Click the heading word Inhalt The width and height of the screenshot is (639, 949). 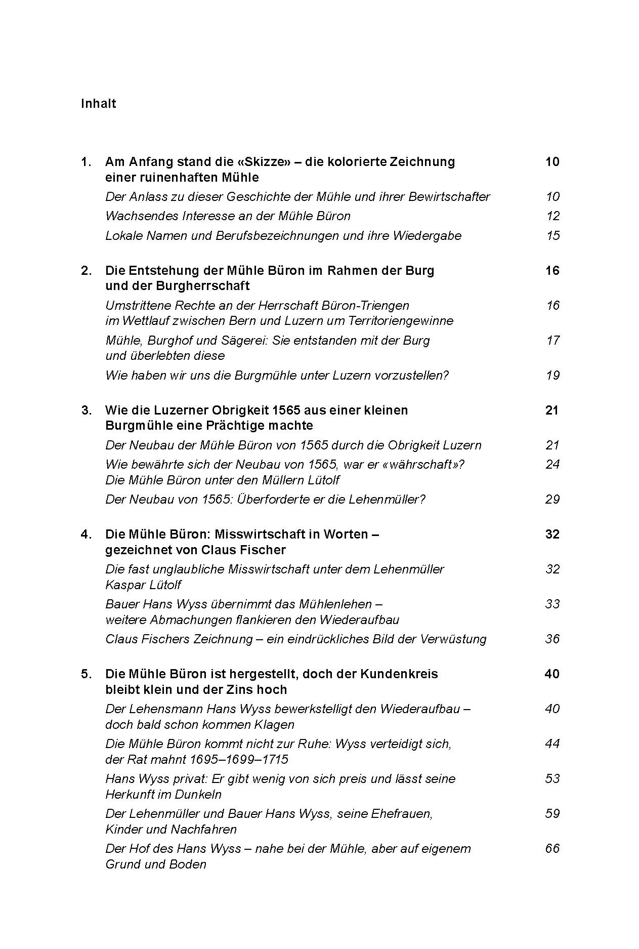[98, 104]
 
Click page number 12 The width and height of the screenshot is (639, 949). [552, 216]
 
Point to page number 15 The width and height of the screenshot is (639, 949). [552, 235]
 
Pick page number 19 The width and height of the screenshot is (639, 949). [552, 375]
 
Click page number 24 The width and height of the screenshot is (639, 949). [552, 464]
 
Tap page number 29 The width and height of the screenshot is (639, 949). [552, 499]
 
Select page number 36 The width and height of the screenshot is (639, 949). [552, 639]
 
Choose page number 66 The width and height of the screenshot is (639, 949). [552, 848]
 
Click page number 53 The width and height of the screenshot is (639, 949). [552, 778]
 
